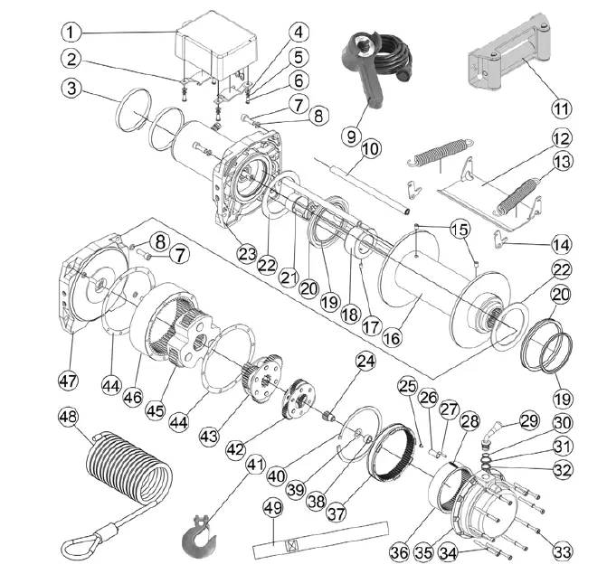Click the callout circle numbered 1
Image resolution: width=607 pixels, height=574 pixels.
coord(73,33)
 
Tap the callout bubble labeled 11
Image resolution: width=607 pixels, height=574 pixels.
coord(562,108)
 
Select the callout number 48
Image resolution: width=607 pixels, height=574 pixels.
coord(69,418)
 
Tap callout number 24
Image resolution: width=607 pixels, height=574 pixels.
coord(364,362)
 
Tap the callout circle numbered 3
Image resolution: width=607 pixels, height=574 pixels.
coord(73,89)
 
